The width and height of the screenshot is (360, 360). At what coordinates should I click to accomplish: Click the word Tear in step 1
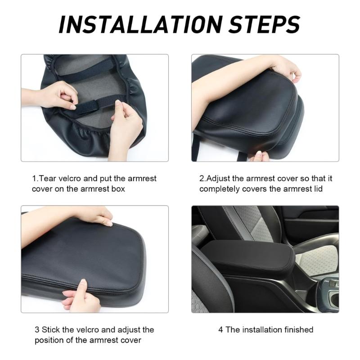click(48, 178)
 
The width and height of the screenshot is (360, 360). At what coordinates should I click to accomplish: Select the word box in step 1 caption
click(118, 189)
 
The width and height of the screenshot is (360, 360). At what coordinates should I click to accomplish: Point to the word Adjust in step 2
click(218, 178)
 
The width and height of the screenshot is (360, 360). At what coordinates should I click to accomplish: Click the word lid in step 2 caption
click(318, 189)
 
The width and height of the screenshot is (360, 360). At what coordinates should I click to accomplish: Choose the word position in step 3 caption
click(49, 341)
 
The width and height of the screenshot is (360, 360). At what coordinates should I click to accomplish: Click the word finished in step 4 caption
click(299, 330)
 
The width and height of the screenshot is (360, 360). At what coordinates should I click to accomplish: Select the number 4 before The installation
click(220, 330)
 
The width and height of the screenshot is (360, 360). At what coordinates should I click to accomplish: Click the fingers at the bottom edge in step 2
click(259, 157)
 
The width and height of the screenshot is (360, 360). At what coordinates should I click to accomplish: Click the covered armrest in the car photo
click(248, 257)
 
